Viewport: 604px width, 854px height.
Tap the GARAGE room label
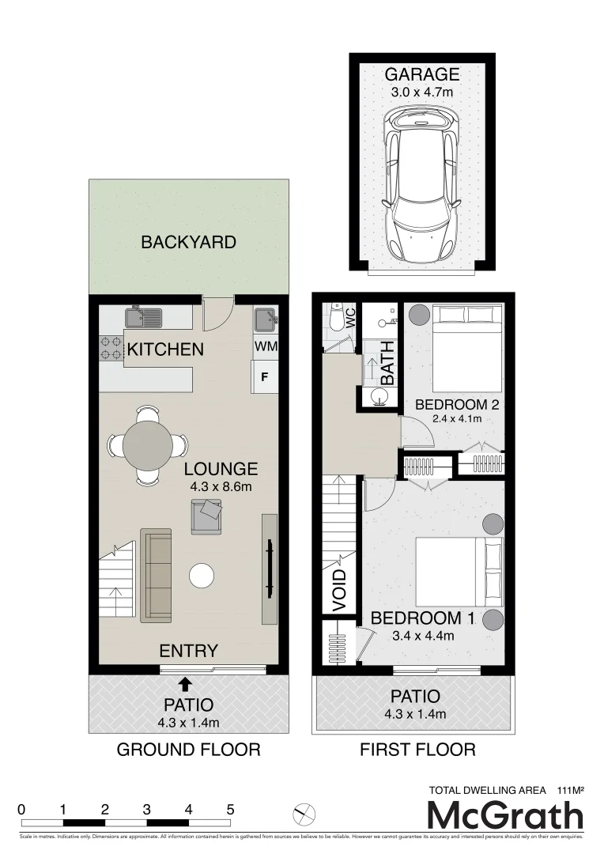click(x=421, y=75)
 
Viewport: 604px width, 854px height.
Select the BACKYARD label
click(x=188, y=242)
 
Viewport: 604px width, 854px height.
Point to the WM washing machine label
click(x=266, y=346)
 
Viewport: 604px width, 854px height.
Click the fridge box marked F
click(x=265, y=376)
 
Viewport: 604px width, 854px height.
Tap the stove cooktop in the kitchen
click(x=111, y=349)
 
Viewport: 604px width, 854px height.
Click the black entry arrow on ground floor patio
click(x=186, y=683)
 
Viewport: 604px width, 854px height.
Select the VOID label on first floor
click(x=340, y=590)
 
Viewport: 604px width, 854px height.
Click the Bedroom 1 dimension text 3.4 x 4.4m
click(x=423, y=635)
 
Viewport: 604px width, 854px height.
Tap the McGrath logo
click(x=505, y=815)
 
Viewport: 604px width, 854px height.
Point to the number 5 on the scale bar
click(x=231, y=809)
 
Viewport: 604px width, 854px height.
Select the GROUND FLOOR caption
click(x=188, y=749)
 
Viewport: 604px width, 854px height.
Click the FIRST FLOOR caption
click(x=417, y=749)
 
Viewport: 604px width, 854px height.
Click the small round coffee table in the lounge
click(x=202, y=575)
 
